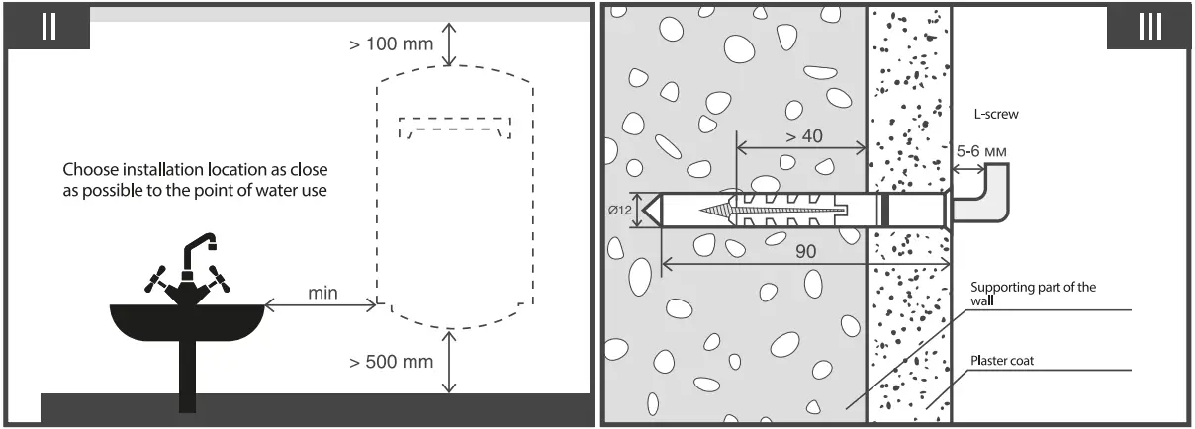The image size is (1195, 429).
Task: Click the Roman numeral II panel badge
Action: tap(48, 27)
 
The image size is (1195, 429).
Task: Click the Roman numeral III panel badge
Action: tap(1149, 27)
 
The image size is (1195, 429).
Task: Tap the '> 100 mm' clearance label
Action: tap(391, 44)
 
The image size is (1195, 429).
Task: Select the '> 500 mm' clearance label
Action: tap(391, 362)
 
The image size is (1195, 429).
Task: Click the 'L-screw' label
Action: tap(996, 115)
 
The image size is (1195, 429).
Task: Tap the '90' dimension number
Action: tap(806, 252)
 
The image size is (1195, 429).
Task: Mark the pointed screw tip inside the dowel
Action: tap(705, 210)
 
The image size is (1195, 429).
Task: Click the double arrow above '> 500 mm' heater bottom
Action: tap(450, 362)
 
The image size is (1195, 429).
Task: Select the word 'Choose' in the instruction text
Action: tap(88, 169)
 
